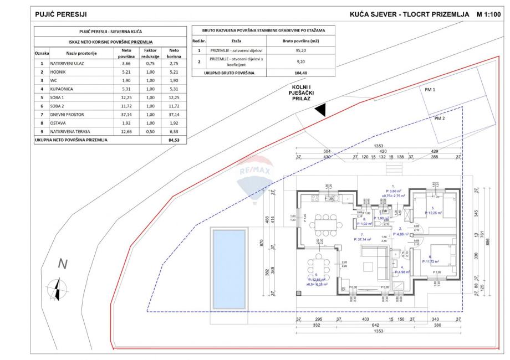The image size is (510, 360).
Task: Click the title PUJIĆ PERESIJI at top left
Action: (x=60, y=13)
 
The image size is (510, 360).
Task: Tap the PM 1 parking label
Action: (x=430, y=90)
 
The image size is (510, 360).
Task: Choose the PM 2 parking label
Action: (x=440, y=118)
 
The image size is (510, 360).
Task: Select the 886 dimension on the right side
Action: (x=488, y=242)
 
